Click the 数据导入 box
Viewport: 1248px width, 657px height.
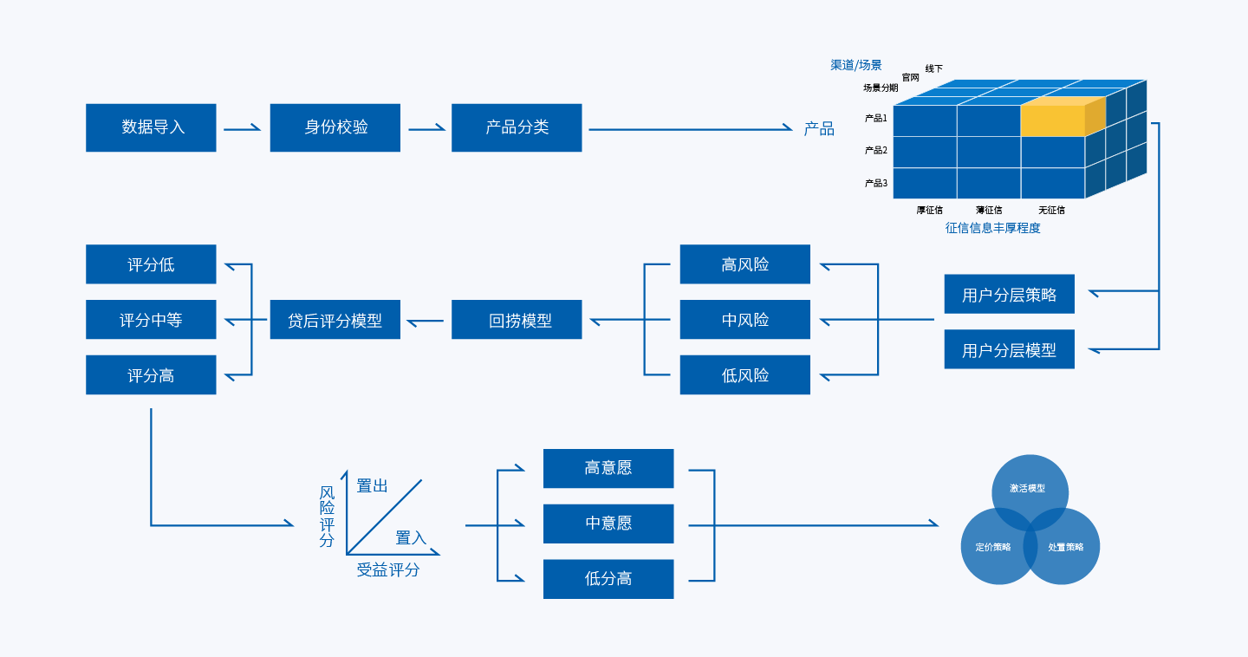pos(151,127)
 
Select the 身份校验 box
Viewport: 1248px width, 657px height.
pos(335,127)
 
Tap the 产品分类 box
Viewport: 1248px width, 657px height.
pos(517,127)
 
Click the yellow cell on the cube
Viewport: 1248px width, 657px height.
pos(1052,120)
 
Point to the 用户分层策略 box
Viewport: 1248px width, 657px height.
pos(1009,295)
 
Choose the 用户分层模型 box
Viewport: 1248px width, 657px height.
pos(1009,350)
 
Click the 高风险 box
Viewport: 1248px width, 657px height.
pos(745,264)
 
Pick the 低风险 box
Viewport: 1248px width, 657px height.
pos(745,375)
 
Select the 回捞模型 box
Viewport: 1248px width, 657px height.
pos(517,320)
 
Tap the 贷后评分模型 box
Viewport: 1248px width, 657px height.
pos(335,320)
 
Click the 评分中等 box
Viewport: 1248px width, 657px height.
pos(151,320)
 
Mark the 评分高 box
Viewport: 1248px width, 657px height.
pos(151,375)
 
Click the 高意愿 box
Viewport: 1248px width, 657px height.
pos(608,468)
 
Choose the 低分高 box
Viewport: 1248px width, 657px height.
pos(608,579)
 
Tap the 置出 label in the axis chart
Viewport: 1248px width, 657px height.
pos(373,486)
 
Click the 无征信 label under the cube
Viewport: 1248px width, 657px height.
pos(1051,210)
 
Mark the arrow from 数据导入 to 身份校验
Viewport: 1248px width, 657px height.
pos(243,129)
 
